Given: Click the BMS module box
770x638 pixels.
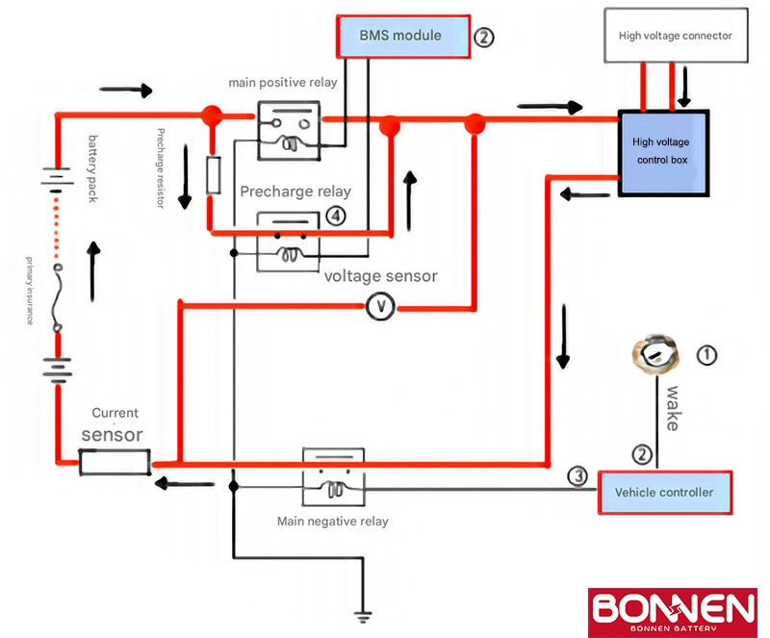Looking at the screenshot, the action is tap(403, 37).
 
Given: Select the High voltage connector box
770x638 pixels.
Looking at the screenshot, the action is tap(676, 36).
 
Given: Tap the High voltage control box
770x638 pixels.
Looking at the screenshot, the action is tap(663, 153).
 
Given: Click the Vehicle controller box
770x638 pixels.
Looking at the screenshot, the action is tap(665, 493).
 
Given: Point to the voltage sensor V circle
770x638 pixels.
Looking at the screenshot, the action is tap(380, 306).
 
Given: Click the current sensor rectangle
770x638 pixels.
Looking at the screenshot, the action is tap(115, 462).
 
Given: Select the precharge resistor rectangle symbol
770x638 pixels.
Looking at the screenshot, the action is tap(213, 175).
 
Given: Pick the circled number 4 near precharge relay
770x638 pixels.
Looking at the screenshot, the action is tap(336, 217).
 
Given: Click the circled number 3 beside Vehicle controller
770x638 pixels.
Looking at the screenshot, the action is tap(577, 475).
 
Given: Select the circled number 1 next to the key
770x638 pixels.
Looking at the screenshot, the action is tap(706, 355).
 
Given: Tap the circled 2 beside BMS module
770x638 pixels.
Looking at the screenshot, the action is tap(484, 38).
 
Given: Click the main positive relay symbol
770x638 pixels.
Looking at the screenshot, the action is tap(290, 131).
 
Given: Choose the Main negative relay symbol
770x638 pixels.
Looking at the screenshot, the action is tap(333, 476).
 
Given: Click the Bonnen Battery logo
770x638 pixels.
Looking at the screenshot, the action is tap(672, 612).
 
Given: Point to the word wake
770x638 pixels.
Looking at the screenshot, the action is tap(672, 409).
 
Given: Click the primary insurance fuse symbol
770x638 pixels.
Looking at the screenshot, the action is tap(58, 297).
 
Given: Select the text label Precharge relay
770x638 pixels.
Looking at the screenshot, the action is tap(295, 191).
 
